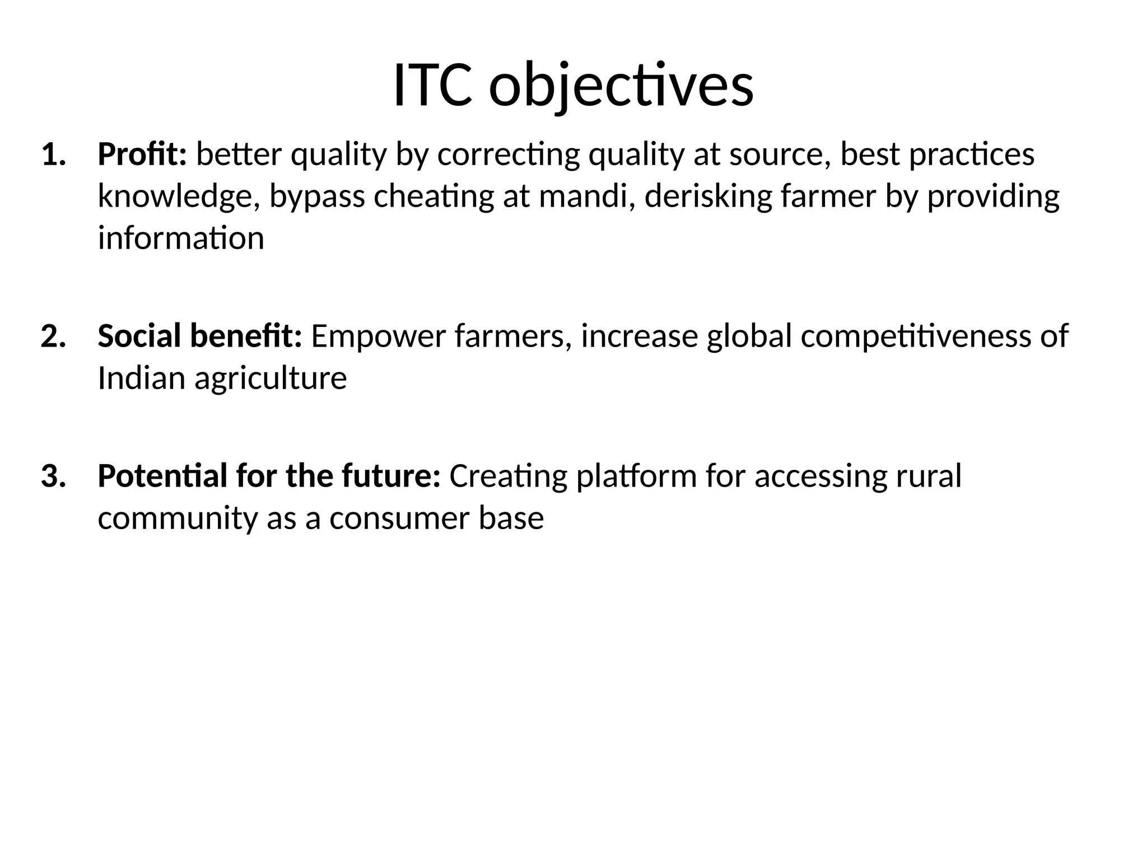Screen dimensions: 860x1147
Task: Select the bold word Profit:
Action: click(x=142, y=155)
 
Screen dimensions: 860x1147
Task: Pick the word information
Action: click(x=180, y=239)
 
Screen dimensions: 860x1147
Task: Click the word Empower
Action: click(x=378, y=336)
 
